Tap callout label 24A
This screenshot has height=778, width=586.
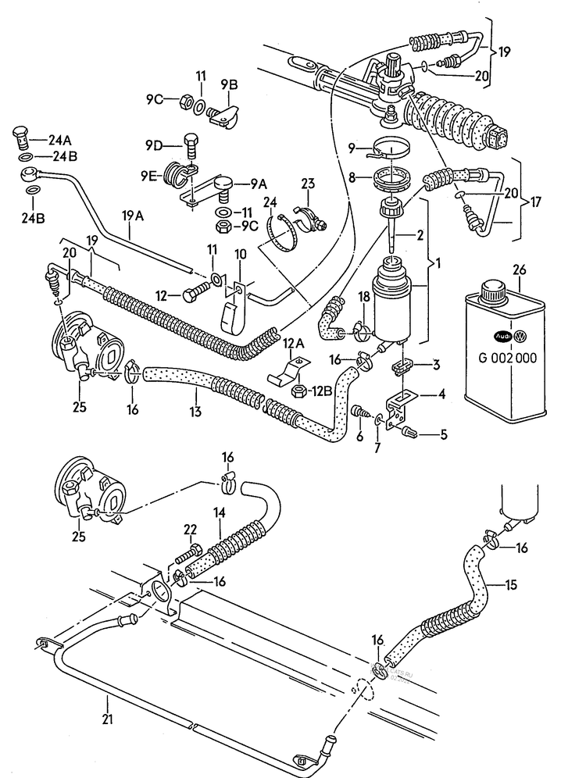coord(59,141)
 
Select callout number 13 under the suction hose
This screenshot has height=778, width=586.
coord(195,410)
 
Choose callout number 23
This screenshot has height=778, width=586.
coord(307,184)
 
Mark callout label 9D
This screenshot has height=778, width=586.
coord(152,145)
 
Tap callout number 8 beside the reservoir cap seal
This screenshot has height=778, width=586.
coord(352,177)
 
